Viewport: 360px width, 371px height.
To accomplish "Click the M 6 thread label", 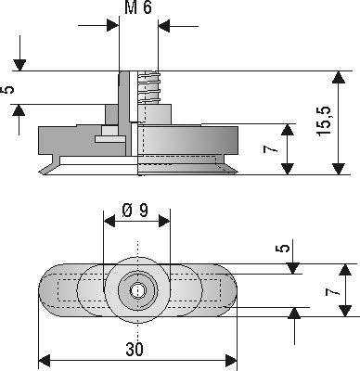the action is (138, 7).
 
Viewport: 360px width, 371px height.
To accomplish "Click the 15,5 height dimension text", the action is (324, 121).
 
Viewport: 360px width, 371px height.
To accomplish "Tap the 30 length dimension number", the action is (135, 350).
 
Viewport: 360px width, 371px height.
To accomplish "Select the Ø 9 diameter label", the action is (135, 211).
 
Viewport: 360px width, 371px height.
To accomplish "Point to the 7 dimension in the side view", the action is (271, 149).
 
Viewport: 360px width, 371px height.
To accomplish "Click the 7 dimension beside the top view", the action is (332, 292).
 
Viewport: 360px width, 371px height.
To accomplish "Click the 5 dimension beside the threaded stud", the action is (7, 90).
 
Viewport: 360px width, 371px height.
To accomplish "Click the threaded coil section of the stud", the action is (149, 87).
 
